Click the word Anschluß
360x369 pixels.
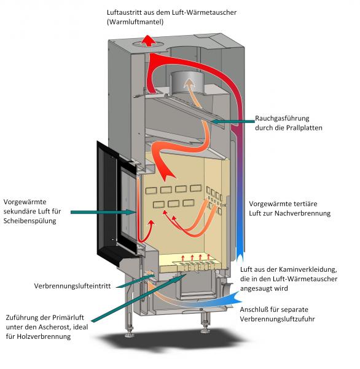(x=253, y=311)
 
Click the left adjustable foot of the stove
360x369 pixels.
(x=131, y=333)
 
